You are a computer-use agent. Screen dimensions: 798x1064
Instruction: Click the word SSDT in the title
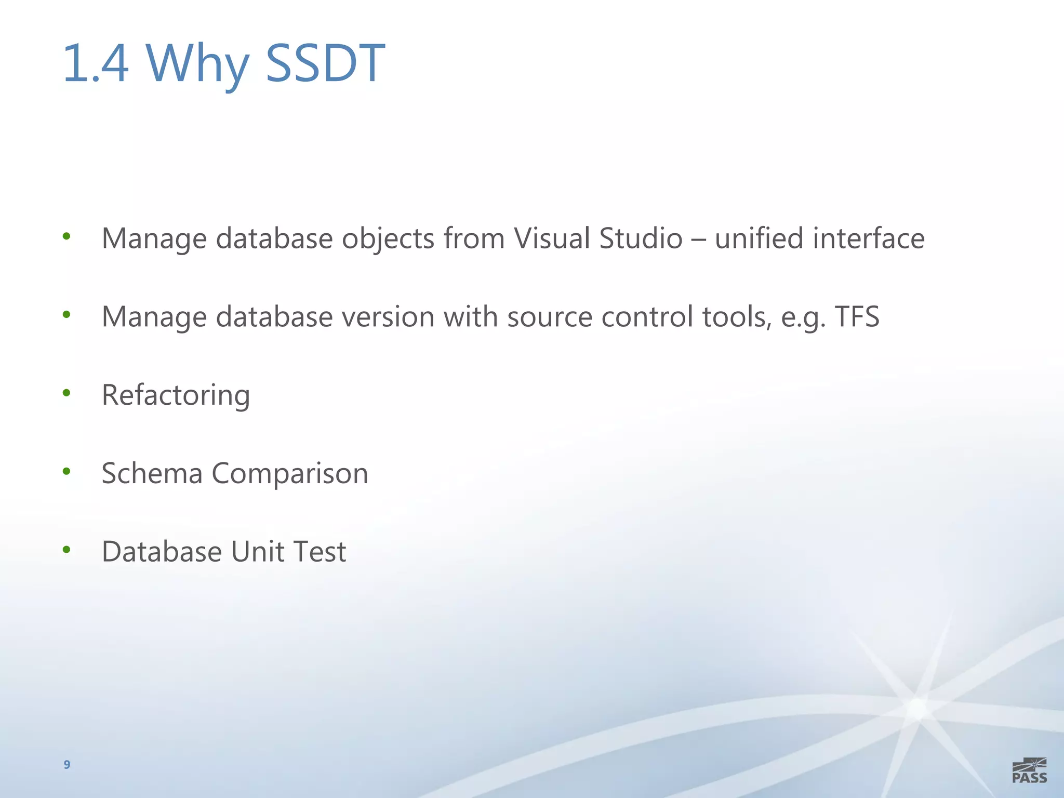click(325, 63)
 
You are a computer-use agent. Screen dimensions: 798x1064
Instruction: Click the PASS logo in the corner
click(1029, 770)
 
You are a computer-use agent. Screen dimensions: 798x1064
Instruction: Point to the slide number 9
click(67, 764)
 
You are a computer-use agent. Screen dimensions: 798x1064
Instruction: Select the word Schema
click(152, 473)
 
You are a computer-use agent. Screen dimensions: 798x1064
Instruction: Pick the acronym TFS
click(857, 316)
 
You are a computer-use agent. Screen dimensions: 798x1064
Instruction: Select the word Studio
click(641, 238)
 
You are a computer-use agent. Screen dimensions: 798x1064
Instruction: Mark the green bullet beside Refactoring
click(66, 393)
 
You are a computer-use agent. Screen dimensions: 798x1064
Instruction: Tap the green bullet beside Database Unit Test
click(66, 549)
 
